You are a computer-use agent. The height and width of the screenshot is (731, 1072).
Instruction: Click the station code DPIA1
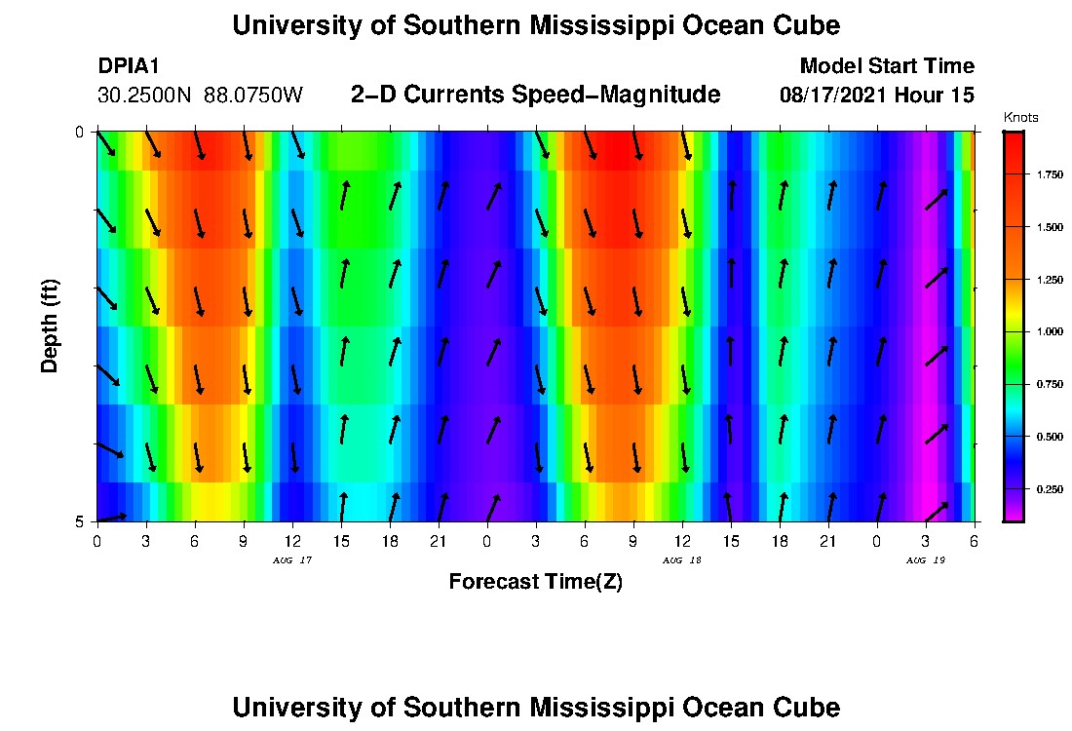point(129,66)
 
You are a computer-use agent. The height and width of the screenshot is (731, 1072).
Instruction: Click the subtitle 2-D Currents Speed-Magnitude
point(535,95)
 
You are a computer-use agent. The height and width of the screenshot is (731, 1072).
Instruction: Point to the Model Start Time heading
point(886,66)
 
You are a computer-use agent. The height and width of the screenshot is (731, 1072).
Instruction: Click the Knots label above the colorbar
point(1020,118)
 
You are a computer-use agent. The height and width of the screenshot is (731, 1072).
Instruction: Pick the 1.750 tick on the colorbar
point(1049,174)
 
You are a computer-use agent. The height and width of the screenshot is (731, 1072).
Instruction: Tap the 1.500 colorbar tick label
point(1049,227)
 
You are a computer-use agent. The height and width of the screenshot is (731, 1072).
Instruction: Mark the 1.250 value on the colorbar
point(1049,280)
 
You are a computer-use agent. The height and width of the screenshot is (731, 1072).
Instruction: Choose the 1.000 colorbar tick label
point(1049,332)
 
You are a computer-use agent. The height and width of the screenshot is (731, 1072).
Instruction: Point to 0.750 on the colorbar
point(1049,385)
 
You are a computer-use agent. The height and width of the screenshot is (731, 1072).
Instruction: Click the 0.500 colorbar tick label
point(1049,438)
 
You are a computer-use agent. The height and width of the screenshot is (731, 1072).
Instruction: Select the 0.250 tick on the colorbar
point(1049,489)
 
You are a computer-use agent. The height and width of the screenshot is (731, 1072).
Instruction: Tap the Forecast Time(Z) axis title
point(535,582)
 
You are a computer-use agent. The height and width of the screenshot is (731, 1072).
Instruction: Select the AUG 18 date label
point(681,560)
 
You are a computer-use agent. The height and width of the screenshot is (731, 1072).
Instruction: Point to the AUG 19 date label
point(925,560)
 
